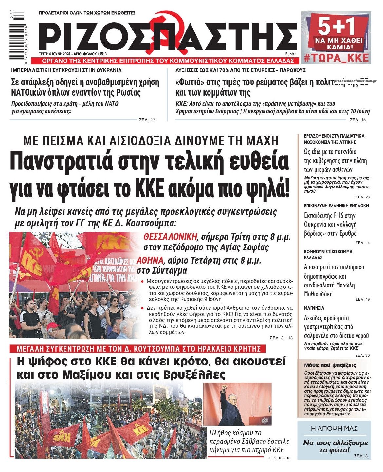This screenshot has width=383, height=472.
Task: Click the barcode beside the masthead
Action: point(17,36)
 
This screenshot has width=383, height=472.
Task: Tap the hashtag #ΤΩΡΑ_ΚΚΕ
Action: point(336,58)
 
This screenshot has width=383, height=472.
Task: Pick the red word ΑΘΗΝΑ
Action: point(150,261)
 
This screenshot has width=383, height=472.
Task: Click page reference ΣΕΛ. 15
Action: point(357,120)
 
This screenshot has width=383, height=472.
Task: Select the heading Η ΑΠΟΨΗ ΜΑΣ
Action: point(334,428)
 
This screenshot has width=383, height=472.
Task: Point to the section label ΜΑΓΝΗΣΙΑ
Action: point(314,308)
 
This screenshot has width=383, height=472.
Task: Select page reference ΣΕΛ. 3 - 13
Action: point(281,338)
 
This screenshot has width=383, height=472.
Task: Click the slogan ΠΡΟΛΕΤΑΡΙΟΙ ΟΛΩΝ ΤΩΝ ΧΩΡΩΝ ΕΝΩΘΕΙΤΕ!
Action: point(87,13)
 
